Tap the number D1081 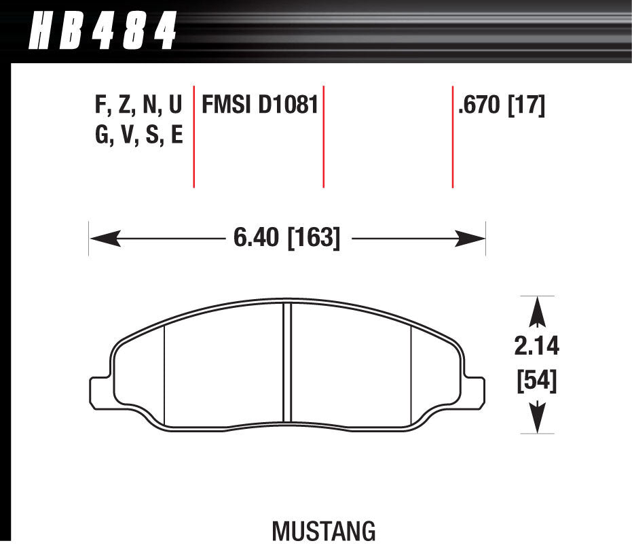pyautogui.click(x=288, y=106)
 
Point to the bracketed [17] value pyautogui.click(x=526, y=106)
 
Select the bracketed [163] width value pyautogui.click(x=314, y=238)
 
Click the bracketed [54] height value pyautogui.click(x=536, y=381)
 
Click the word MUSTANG pyautogui.click(x=324, y=531)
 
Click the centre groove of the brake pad pyautogui.click(x=287, y=360)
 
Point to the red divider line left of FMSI pyautogui.click(x=194, y=136)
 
